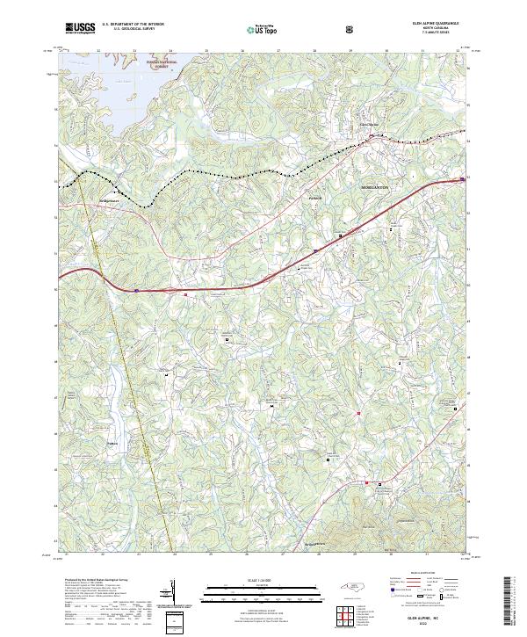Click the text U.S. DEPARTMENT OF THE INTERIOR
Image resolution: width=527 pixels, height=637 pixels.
click(x=133, y=25)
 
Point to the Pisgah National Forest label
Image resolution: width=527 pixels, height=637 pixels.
click(x=162, y=64)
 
